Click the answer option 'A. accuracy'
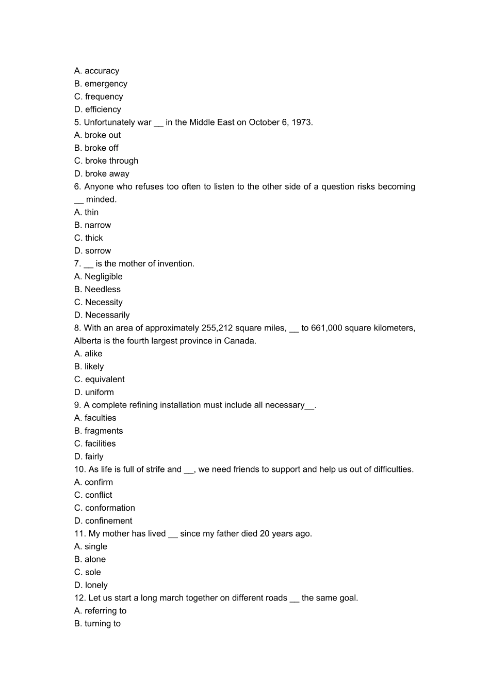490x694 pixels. [96, 71]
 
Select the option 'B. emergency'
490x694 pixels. [101, 84]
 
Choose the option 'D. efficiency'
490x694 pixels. [97, 109]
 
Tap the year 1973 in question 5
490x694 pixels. [301, 122]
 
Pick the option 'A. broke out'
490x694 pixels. [97, 135]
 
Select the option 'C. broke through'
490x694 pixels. [106, 161]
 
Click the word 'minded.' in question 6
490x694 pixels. [102, 199]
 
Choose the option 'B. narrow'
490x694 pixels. [92, 225]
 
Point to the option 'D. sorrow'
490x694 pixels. [92, 251]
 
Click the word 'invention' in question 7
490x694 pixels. [175, 264]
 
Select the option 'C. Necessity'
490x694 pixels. [99, 303]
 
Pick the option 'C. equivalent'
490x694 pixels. [100, 380]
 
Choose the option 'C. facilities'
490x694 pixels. [95, 444]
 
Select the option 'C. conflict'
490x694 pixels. [93, 495]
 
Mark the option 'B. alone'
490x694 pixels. [90, 559]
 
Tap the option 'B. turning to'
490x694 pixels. [97, 624]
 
